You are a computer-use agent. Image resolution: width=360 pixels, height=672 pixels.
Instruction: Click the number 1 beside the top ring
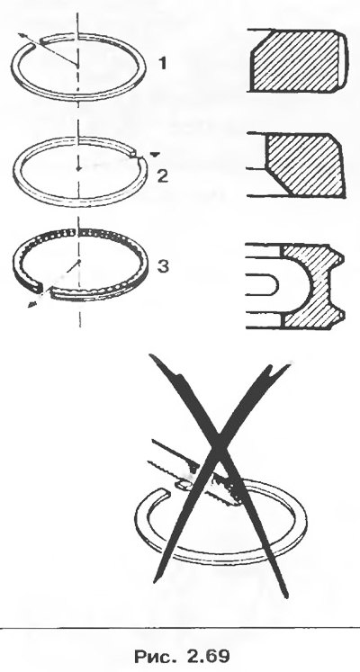162,64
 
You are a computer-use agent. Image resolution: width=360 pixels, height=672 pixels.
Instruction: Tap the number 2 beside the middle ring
162,176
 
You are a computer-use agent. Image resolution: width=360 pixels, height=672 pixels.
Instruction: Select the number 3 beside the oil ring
163,266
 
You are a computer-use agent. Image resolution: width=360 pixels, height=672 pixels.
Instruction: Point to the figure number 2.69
208,656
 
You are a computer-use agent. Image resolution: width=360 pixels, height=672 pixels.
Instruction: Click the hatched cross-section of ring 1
298,60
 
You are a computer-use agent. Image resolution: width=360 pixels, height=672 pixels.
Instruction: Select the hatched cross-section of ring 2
304,165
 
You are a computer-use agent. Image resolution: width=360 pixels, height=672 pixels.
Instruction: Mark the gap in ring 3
45,292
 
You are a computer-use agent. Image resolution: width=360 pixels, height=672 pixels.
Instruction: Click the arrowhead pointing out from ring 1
22,36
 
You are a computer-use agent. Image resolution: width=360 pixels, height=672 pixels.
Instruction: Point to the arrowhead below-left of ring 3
31,304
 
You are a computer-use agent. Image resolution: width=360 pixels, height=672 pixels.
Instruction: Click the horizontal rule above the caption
180,627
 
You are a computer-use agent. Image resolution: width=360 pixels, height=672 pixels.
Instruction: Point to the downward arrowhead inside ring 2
77,169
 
